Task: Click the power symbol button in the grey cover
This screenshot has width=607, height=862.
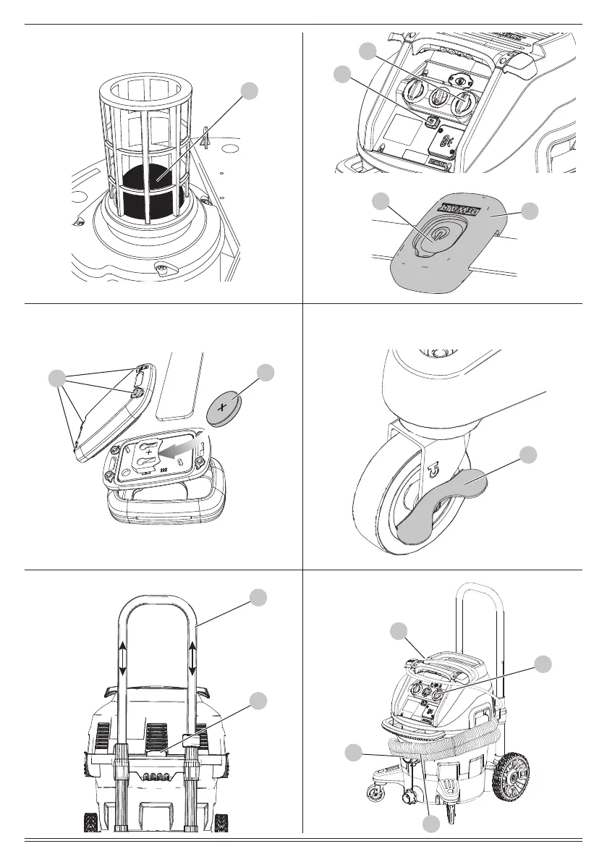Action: (437, 235)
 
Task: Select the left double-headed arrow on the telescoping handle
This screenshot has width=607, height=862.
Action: (122, 656)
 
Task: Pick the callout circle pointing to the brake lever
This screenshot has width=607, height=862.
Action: (530, 455)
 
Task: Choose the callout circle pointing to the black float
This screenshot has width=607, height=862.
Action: (250, 90)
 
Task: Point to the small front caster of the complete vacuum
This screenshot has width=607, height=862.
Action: (376, 793)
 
